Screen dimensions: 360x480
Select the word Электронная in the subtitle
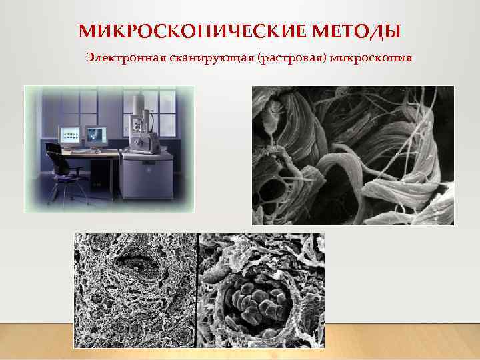tap(118, 58)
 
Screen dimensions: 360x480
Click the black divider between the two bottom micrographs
tap(198, 290)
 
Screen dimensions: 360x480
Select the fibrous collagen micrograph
tap(352, 155)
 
